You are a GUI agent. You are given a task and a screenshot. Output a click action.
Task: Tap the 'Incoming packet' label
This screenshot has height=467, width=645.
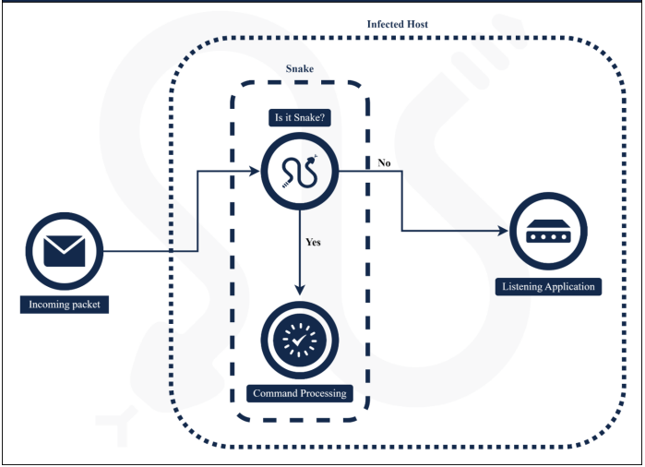[x=65, y=304]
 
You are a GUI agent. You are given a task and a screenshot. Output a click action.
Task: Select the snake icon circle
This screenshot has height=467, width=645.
[x=300, y=171]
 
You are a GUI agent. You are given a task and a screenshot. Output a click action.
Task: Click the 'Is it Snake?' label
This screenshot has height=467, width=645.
[x=299, y=117]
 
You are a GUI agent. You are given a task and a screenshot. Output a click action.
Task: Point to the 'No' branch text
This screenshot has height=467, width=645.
[x=384, y=162]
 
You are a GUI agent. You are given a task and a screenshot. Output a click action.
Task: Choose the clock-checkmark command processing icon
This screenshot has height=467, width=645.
[x=300, y=341]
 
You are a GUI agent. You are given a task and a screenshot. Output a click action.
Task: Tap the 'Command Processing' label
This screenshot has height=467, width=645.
[x=300, y=393]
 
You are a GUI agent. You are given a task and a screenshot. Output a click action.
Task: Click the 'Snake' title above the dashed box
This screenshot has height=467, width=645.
[x=299, y=69]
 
